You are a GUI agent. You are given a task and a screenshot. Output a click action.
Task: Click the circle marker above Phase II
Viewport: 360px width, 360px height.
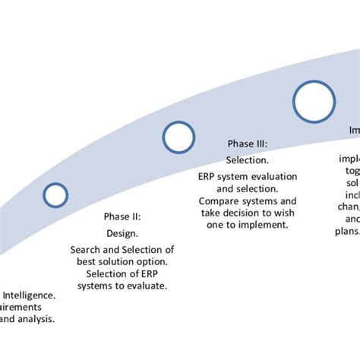point(55,195)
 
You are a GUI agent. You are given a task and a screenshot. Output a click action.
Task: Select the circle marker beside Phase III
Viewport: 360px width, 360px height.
point(178,137)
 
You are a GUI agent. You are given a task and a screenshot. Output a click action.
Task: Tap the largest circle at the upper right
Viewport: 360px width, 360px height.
point(314,102)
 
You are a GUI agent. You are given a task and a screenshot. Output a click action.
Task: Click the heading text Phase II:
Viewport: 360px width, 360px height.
point(122,216)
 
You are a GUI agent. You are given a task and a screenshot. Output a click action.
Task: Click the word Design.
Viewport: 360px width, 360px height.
point(122,233)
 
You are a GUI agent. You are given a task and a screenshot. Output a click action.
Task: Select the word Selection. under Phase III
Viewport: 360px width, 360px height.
point(248,160)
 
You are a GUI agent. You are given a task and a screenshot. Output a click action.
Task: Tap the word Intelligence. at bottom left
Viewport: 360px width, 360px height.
point(29,295)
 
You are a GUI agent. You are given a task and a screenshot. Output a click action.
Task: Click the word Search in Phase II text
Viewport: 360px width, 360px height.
point(87,249)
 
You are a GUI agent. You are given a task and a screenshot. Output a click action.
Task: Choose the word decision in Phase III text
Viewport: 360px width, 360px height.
point(245,213)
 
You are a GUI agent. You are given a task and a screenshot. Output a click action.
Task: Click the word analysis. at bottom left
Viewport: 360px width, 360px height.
point(37,319)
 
